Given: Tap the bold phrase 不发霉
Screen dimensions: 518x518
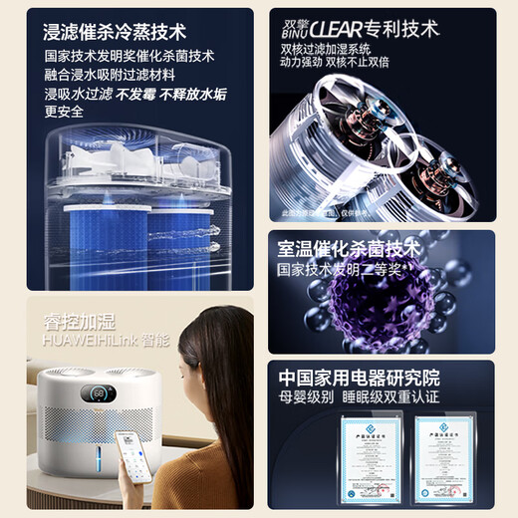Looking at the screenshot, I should [x=137, y=93].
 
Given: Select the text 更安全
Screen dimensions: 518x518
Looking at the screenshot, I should [x=65, y=112].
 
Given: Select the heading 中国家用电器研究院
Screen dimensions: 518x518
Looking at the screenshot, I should [x=359, y=379].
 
